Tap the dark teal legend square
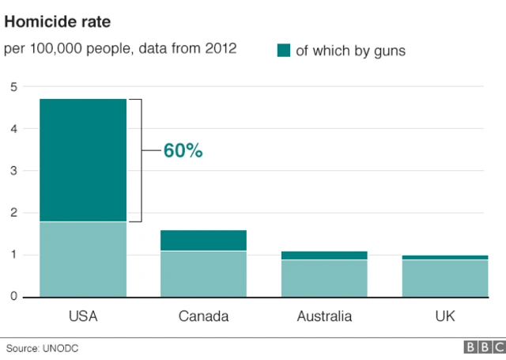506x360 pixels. (283, 51)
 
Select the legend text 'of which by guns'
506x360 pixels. (350, 51)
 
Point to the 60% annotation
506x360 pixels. (183, 150)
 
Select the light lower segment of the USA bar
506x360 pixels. (83, 259)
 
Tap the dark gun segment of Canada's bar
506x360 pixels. (203, 241)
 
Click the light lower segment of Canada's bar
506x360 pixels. (203, 274)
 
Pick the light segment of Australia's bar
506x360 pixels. (324, 278)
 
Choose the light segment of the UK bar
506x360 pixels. (444, 278)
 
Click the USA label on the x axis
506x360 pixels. (83, 316)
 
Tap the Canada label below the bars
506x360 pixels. (203, 316)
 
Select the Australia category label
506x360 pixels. (324, 316)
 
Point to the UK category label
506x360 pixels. (444, 316)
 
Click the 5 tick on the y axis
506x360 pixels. (13, 87)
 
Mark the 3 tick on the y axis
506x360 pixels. (13, 171)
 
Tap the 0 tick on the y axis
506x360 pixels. (13, 297)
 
